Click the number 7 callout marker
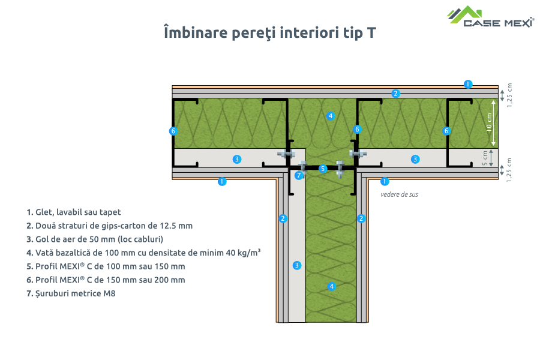(299, 175)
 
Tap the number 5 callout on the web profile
(323, 169)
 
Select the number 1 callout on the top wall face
(469, 83)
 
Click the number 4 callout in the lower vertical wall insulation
(332, 286)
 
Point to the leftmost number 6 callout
(173, 130)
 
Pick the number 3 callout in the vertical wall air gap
(296, 265)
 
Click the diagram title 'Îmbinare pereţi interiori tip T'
(270, 32)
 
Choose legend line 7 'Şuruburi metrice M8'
(71, 294)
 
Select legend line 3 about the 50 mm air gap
(95, 239)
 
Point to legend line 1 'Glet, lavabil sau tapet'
(74, 212)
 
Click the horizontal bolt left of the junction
(286, 154)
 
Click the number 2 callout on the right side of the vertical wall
(361, 218)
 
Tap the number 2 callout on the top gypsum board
(395, 93)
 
